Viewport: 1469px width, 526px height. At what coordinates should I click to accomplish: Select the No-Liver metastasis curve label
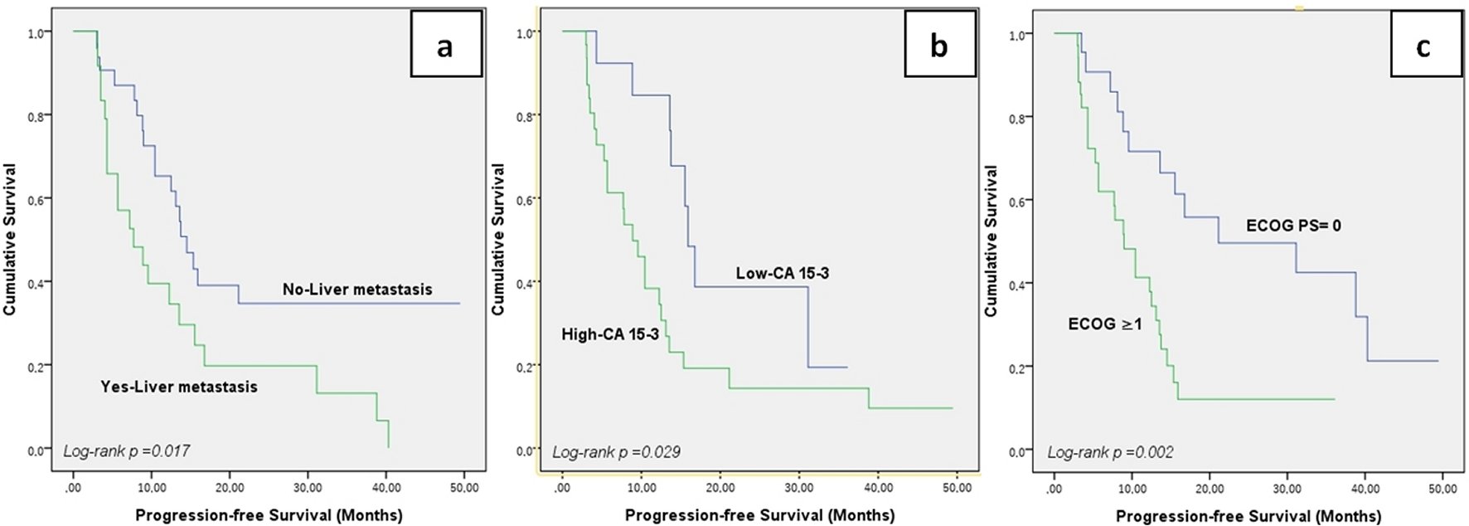[x=357, y=290]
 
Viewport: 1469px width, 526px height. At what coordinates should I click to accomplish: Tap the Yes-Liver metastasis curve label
[x=179, y=387]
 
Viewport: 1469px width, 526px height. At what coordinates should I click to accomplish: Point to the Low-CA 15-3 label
[x=782, y=273]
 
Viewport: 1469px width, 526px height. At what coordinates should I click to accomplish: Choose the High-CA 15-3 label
[x=610, y=334]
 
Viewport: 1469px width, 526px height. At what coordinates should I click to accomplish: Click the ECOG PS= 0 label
[x=1293, y=226]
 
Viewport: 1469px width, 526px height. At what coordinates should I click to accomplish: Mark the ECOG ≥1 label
[x=1105, y=324]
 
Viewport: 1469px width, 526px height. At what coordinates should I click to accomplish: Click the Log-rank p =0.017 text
[x=127, y=451]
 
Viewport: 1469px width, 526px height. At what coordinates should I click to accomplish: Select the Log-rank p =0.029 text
[x=616, y=452]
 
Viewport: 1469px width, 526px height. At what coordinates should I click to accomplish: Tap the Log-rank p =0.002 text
[x=1110, y=452]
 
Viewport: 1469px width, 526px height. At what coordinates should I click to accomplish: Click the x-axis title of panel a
[x=269, y=514]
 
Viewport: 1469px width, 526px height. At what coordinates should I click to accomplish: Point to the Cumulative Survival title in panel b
[x=498, y=239]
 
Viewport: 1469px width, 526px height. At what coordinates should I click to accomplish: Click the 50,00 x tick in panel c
[x=1441, y=489]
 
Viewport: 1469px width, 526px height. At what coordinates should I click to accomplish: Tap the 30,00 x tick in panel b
[x=798, y=488]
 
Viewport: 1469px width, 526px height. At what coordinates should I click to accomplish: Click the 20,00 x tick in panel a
[x=229, y=488]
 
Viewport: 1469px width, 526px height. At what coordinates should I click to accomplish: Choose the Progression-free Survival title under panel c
[x=1248, y=516]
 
